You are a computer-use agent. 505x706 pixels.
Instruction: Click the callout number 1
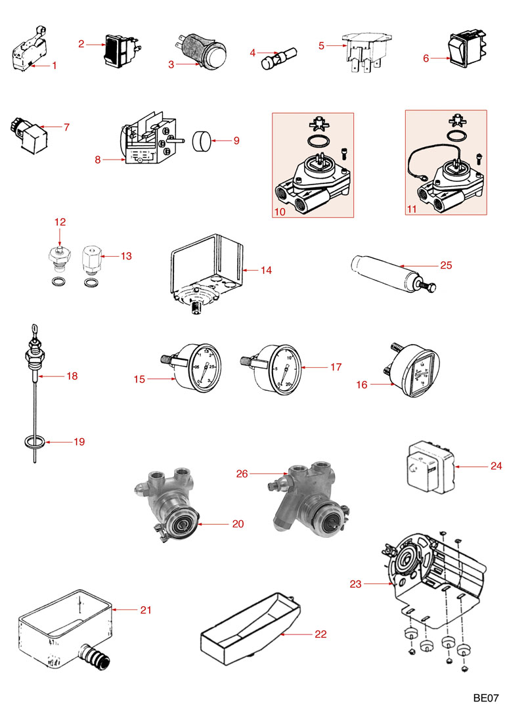(55, 65)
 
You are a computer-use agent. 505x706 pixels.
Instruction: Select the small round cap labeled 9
(202, 140)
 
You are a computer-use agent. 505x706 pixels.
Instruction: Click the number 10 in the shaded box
(279, 211)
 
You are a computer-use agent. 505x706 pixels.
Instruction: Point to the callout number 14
(266, 270)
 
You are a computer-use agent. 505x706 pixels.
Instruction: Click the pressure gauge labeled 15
(197, 366)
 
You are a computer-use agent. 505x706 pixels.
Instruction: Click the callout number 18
(72, 376)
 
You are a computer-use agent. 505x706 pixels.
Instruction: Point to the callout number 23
(356, 583)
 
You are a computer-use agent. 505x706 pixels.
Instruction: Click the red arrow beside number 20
(213, 523)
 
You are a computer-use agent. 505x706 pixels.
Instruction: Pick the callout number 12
(60, 222)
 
